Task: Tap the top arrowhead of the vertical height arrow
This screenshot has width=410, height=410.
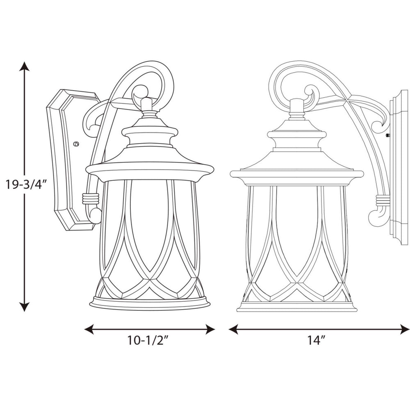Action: coord(25,66)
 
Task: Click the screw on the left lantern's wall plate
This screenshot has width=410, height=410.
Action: coord(75,144)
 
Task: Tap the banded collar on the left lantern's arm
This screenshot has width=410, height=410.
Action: coord(90,198)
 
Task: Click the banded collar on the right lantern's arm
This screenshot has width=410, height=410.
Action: coord(383,200)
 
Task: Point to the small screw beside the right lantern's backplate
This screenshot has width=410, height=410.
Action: coord(387,134)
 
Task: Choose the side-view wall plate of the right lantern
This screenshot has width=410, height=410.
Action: coord(399,168)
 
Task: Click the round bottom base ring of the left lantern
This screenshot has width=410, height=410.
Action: coord(150,304)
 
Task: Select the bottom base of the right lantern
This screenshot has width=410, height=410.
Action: coord(296,307)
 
